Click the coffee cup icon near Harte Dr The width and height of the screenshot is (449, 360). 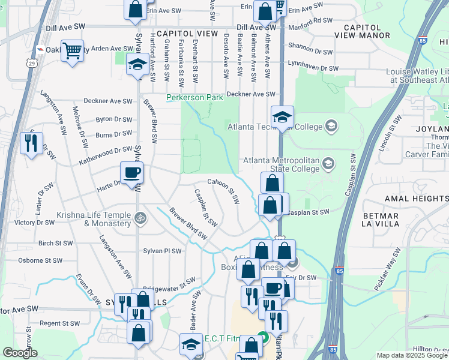tap(132, 174)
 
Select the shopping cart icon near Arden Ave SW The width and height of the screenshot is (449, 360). tap(72, 51)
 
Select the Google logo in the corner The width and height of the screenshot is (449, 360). tap(20, 353)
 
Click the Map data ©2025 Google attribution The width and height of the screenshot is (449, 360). tap(412, 355)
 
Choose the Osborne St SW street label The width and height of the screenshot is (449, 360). tap(40, 260)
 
